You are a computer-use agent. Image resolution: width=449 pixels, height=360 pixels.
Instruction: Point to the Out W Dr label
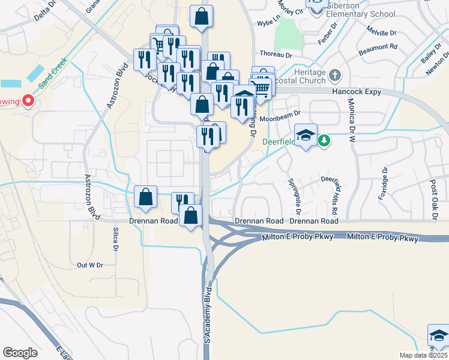tap(91, 265)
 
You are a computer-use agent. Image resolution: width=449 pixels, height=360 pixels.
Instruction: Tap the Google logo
tap(20, 352)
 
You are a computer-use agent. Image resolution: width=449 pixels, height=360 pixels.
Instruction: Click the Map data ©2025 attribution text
tap(423, 355)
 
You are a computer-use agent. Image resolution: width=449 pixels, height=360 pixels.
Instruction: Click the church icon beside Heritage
tap(334, 76)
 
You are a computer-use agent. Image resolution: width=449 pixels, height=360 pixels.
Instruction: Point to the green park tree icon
tap(324, 140)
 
